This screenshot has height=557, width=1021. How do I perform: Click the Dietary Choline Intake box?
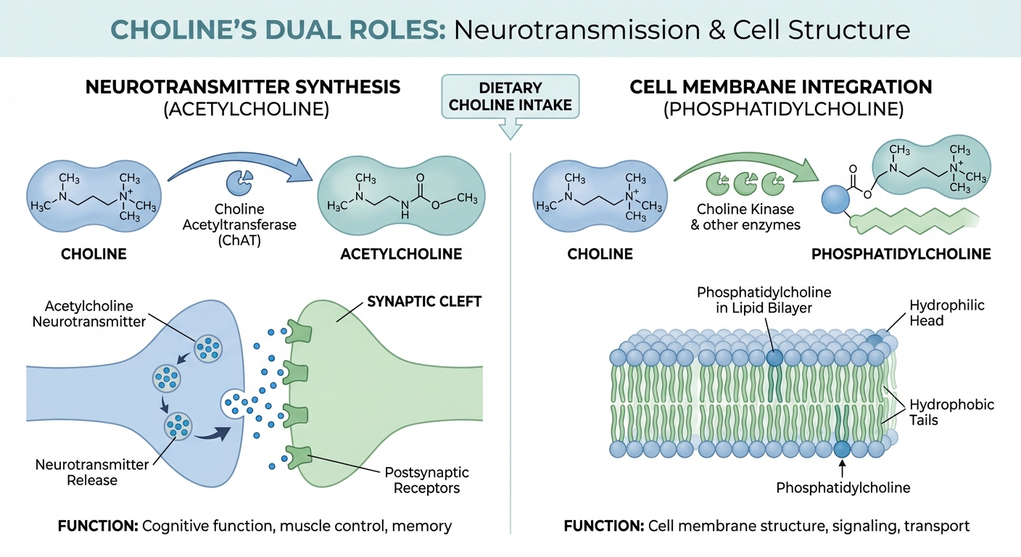click(510, 96)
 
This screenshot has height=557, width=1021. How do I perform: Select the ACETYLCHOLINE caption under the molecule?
click(401, 255)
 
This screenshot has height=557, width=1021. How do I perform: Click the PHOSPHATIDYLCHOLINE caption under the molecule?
click(901, 255)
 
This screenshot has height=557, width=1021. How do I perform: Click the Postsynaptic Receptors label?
click(426, 480)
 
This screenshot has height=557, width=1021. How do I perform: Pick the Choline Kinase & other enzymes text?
click(746, 217)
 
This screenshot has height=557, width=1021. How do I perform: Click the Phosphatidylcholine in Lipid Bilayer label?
click(764, 300)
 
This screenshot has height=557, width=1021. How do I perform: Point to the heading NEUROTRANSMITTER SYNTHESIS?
click(242, 87)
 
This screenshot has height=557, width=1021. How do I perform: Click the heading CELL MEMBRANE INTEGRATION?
click(780, 87)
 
